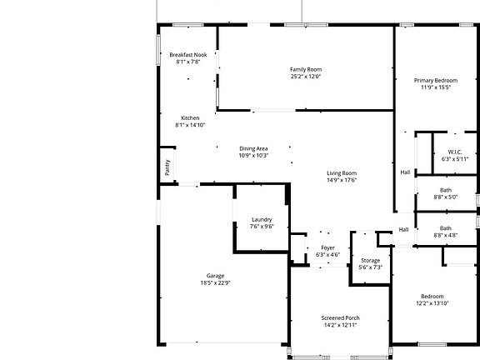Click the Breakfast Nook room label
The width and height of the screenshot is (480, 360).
point(187,54)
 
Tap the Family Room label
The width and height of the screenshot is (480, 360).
point(305,69)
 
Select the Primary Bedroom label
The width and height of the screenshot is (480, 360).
point(434,80)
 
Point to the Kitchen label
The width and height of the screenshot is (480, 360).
point(190,117)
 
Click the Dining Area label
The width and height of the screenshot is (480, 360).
point(253,148)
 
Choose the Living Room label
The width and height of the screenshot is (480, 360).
point(341,172)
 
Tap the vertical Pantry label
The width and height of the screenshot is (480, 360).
point(167,167)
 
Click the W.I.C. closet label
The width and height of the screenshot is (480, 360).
point(443,152)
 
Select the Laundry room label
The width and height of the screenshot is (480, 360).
point(262,219)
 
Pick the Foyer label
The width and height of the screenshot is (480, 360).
point(328,247)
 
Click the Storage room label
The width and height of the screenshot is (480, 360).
point(370,260)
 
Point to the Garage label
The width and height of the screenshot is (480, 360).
point(216,276)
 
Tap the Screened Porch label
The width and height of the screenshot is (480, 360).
point(340,317)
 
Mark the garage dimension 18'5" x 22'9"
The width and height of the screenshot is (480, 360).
point(216,283)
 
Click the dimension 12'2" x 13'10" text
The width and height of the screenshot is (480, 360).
point(432,304)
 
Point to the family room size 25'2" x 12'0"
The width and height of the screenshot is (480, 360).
point(305,77)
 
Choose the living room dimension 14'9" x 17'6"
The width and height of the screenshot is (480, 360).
point(341,180)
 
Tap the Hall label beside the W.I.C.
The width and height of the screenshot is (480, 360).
point(405,172)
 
